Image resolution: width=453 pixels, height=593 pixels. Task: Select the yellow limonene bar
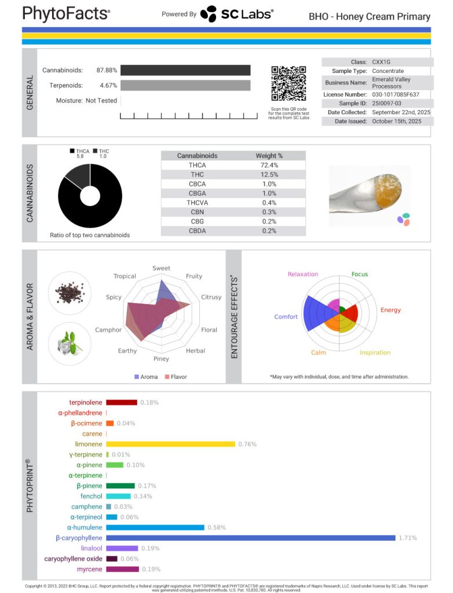(170, 444)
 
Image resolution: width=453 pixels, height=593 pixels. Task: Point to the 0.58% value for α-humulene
(217, 528)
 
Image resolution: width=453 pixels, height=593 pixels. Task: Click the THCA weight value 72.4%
(269, 166)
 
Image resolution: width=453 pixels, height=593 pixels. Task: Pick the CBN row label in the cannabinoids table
(197, 212)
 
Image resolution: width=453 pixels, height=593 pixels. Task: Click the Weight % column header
(269, 156)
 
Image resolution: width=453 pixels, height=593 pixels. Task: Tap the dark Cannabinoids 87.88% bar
(185, 70)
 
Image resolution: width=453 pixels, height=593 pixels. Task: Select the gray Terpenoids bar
(185, 85)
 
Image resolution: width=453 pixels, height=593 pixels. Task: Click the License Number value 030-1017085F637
(396, 94)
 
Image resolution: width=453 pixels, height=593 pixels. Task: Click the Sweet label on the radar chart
(161, 268)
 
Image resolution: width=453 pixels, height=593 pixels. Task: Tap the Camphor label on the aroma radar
(108, 330)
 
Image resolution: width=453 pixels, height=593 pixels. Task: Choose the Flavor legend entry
(176, 377)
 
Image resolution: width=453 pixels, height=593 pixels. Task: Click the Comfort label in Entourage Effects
(286, 317)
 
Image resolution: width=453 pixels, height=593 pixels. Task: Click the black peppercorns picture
(69, 292)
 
